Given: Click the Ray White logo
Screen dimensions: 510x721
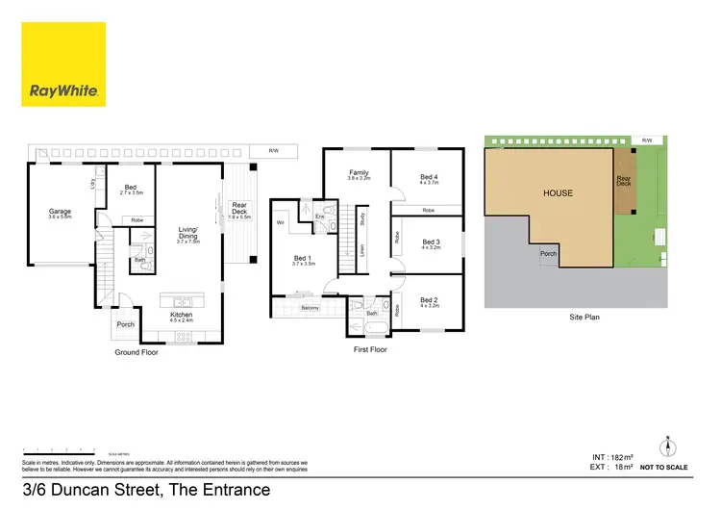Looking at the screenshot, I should pyautogui.click(x=63, y=64).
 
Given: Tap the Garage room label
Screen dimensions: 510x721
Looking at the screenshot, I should pyautogui.click(x=61, y=213).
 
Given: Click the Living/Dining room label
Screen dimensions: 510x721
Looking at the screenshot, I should pyautogui.click(x=187, y=233).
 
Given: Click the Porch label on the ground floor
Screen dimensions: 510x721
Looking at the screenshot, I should pyautogui.click(x=126, y=324).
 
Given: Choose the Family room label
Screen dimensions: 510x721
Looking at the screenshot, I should pyautogui.click(x=358, y=174).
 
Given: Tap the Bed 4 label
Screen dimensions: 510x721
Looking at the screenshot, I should pyautogui.click(x=429, y=177).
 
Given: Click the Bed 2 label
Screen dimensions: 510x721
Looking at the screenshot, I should pyautogui.click(x=429, y=300).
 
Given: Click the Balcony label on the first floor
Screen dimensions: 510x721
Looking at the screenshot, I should pyautogui.click(x=309, y=308).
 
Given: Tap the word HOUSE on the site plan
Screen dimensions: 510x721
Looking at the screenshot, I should pyautogui.click(x=558, y=192).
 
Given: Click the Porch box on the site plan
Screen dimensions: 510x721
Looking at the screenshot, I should pyautogui.click(x=548, y=254).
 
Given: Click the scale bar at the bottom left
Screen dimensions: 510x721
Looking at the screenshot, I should pyautogui.click(x=58, y=449).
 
